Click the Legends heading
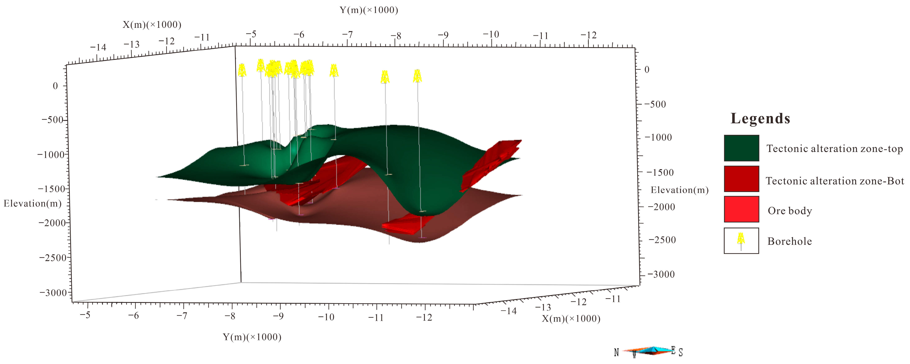pos(760,119)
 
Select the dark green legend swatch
pos(741,148)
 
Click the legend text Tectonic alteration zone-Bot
pos(834,181)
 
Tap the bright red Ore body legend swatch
pos(741,209)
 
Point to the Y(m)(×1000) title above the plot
pos(369,10)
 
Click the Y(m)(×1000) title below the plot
pos(252,337)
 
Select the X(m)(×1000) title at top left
pos(152,25)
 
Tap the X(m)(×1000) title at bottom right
pos(571,319)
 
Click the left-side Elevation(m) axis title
pos(32,203)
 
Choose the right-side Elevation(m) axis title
pos(679,190)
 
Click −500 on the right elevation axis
pos(655,104)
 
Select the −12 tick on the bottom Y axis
pos(424,317)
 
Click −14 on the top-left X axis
pos(98,47)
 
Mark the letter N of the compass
pos(616,352)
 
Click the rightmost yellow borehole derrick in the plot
pos(417,76)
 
